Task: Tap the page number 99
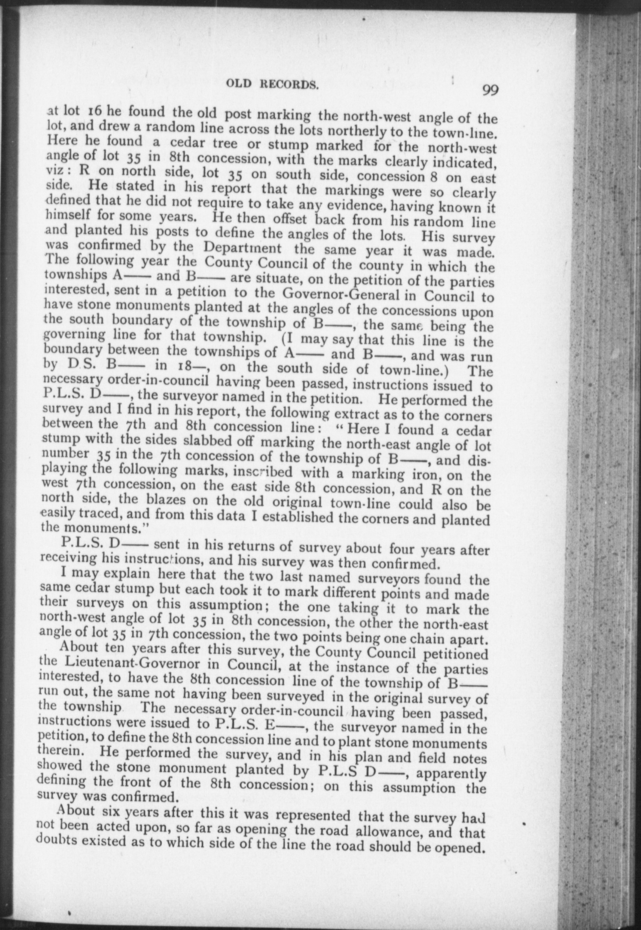click(x=490, y=90)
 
